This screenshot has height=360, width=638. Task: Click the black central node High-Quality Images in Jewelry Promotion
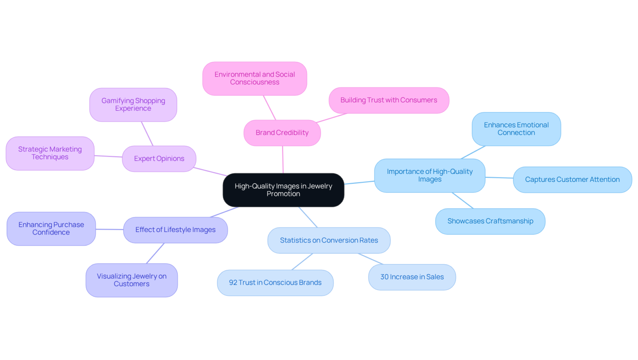pyautogui.click(x=284, y=190)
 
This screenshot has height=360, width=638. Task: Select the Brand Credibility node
pyautogui.click(x=282, y=133)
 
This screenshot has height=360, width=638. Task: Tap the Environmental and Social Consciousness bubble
pyautogui.click(x=255, y=78)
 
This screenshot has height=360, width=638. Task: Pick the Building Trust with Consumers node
pyautogui.click(x=389, y=100)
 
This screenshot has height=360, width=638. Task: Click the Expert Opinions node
pyautogui.click(x=159, y=159)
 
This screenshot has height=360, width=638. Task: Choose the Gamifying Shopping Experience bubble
pyautogui.click(x=133, y=104)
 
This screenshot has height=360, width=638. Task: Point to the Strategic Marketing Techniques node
pyautogui.click(x=50, y=153)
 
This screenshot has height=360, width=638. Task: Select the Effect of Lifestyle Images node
pyautogui.click(x=175, y=230)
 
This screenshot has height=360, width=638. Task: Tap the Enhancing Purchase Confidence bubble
pyautogui.click(x=51, y=229)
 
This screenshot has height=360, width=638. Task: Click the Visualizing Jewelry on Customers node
pyautogui.click(x=132, y=280)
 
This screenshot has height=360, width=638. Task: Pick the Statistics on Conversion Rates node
pyautogui.click(x=329, y=240)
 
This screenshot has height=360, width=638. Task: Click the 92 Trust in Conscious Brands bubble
pyautogui.click(x=275, y=283)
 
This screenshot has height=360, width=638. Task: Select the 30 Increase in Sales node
pyautogui.click(x=412, y=277)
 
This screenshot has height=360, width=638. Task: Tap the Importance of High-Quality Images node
pyautogui.click(x=430, y=175)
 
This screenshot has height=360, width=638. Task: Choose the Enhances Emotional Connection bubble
pyautogui.click(x=516, y=129)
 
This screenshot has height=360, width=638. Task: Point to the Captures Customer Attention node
pyautogui.click(x=573, y=180)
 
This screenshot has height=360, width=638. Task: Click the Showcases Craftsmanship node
pyautogui.click(x=490, y=221)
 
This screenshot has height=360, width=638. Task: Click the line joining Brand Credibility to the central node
pyautogui.click(x=283, y=159)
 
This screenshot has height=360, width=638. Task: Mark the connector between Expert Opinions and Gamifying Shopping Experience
pyautogui.click(x=147, y=134)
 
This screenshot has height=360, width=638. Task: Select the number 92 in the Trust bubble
pyautogui.click(x=233, y=283)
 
